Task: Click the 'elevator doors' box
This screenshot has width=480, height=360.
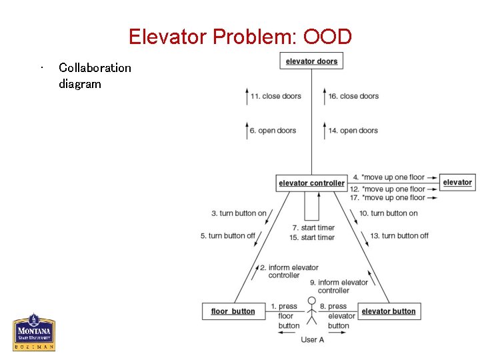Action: [x=311, y=61]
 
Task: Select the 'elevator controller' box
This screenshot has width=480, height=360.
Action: [x=311, y=183]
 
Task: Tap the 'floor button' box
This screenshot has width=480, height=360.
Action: [x=233, y=311]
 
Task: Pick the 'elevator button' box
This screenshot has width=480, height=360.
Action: [x=388, y=311]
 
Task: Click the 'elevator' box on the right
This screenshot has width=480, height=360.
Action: [x=457, y=182]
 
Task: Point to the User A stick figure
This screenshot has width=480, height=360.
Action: [x=311, y=311]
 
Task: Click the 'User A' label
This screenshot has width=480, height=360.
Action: [x=312, y=339]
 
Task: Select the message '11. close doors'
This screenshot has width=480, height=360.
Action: [x=275, y=96]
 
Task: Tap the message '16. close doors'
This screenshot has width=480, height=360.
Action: [x=353, y=96]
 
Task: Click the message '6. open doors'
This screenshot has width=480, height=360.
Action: [x=273, y=131]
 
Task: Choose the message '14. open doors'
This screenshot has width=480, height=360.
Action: [x=353, y=131]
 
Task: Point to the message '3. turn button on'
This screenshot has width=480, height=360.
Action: [x=239, y=213]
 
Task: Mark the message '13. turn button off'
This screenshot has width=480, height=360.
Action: [x=399, y=235]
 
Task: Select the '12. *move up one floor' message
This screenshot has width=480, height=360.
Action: [x=387, y=189]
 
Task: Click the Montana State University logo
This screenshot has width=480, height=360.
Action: [x=34, y=332]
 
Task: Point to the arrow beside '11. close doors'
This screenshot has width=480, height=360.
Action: [x=246, y=96]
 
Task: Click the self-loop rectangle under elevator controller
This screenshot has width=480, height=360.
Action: [x=311, y=206]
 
